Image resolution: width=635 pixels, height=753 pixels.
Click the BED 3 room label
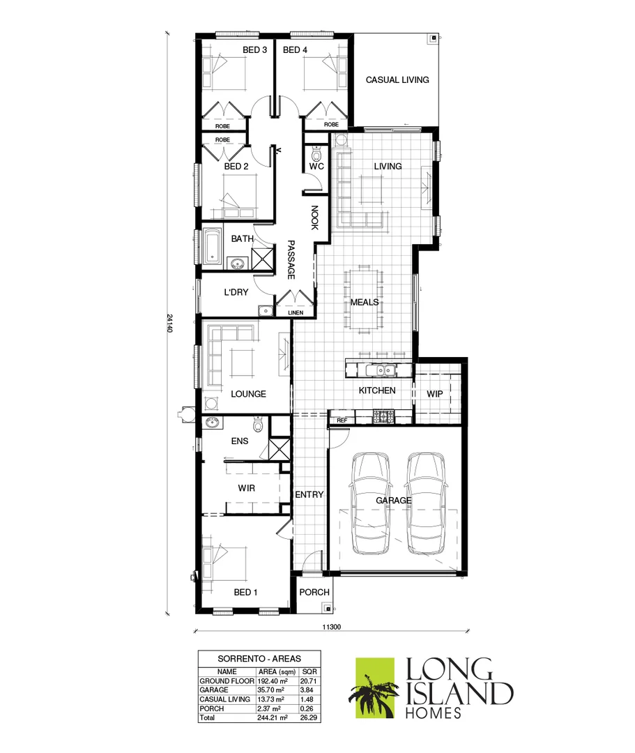point(254,50)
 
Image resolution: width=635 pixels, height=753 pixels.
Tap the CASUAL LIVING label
point(397,79)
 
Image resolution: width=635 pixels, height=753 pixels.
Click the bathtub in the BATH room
point(211,245)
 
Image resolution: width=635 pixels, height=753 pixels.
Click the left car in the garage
point(372,502)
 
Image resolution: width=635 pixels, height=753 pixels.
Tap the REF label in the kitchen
point(342,420)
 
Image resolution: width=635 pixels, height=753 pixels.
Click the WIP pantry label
point(435,394)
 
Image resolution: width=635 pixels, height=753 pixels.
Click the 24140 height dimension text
point(169,321)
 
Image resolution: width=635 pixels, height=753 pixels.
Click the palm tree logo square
point(376,687)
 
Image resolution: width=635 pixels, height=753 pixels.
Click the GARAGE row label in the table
point(215,690)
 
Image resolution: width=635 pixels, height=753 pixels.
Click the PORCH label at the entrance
point(314,593)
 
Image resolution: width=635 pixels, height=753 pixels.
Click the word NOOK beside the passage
point(314,218)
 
